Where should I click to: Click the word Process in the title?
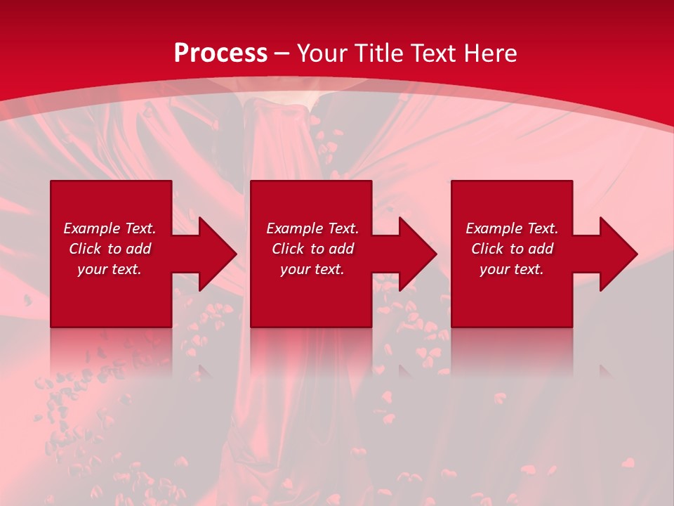tap(220, 53)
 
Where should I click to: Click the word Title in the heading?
tap(376, 53)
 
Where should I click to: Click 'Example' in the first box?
tap(92, 228)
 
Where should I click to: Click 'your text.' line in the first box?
tap(110, 269)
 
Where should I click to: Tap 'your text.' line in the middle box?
tap(312, 269)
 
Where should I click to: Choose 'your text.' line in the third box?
tap(512, 269)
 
